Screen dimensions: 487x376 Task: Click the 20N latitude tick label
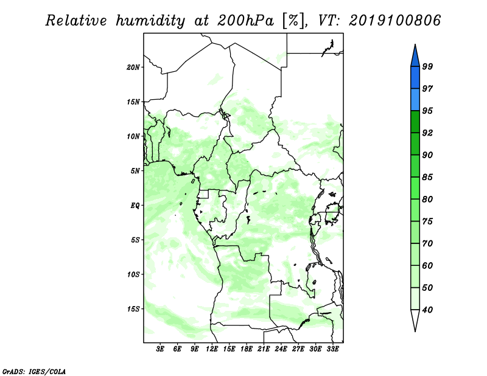[x=133, y=68]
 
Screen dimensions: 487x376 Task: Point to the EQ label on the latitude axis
[x=135, y=206]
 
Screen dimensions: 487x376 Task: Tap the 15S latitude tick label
[x=133, y=309]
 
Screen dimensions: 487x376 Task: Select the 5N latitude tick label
[x=135, y=171]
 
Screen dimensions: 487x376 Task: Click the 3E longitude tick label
[x=160, y=349]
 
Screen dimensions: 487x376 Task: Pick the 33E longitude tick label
[x=332, y=349]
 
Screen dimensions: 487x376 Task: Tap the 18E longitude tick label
[x=247, y=349]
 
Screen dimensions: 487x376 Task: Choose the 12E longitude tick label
[x=212, y=349]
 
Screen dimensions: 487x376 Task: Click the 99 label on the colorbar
[x=427, y=66]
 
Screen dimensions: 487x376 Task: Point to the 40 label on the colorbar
[x=427, y=310]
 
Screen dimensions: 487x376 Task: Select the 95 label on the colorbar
[x=427, y=111]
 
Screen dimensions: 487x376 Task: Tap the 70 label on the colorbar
[x=427, y=243]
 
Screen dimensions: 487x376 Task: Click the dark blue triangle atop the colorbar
[x=415, y=57]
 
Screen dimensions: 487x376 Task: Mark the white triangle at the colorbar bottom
[x=415, y=319]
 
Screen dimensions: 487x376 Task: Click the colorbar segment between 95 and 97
[x=415, y=100]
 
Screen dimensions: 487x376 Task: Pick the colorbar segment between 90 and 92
[x=415, y=144]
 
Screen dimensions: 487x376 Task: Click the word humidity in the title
[x=150, y=21]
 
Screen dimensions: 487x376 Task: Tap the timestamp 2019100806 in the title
[x=394, y=21]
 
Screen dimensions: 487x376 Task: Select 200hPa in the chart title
[x=246, y=21]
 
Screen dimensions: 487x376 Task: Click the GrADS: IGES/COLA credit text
[x=34, y=371]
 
